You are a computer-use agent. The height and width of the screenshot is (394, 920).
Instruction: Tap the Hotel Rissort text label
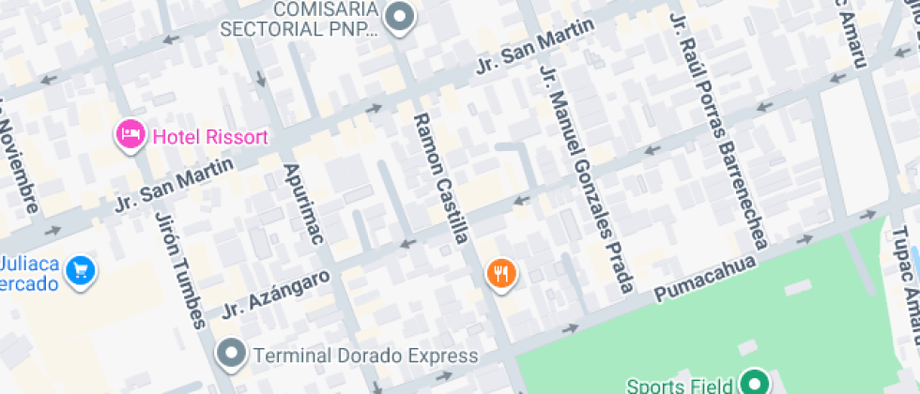(210, 137)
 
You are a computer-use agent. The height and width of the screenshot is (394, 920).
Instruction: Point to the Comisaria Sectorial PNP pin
(402, 18)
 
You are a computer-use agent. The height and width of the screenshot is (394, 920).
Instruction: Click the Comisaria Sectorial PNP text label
(299, 18)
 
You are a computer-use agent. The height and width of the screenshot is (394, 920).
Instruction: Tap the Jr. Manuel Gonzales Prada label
(587, 177)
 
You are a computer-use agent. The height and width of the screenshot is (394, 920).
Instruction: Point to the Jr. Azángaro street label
(277, 293)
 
